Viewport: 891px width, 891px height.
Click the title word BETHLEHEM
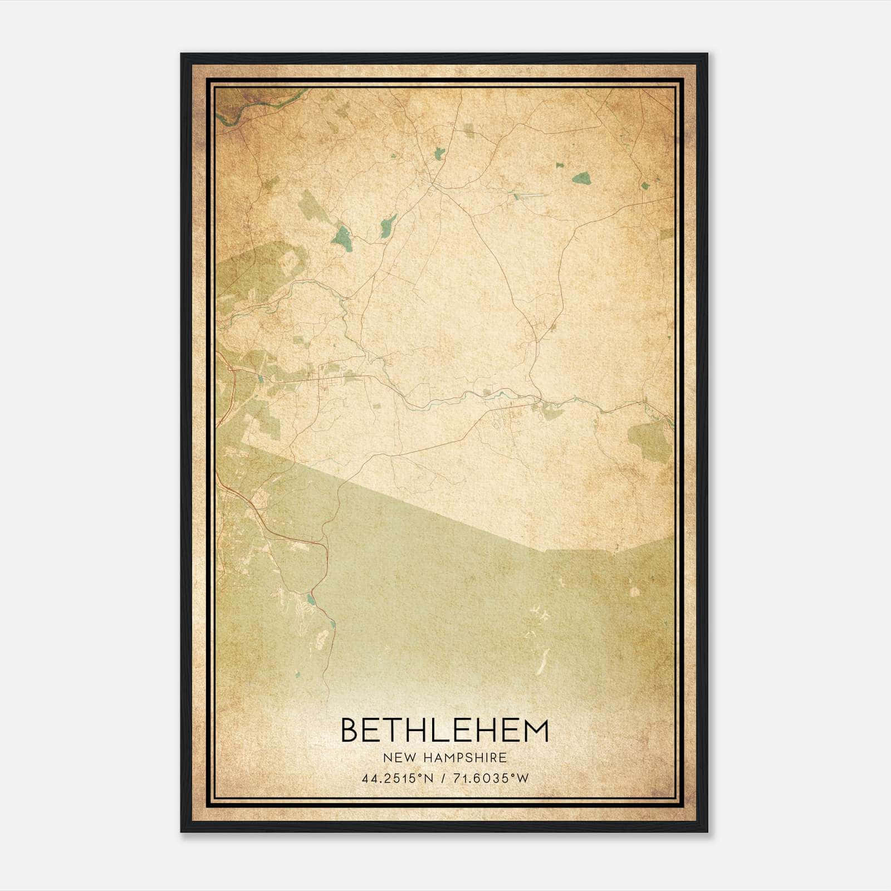coord(444,730)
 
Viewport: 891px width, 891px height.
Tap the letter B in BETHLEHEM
coord(349,730)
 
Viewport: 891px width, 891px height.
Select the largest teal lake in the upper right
coord(582,178)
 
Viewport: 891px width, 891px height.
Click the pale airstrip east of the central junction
coord(529,195)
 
